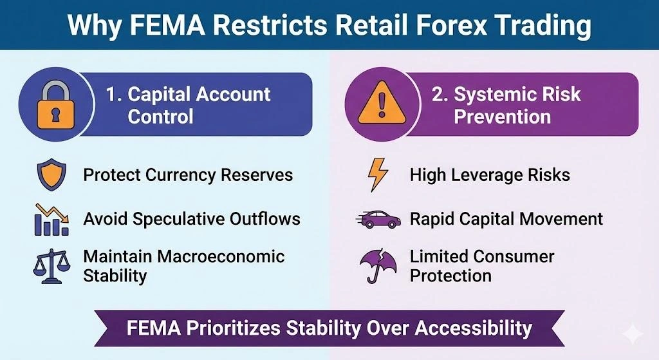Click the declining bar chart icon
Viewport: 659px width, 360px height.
pos(51,219)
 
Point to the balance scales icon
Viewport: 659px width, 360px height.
pos(50,265)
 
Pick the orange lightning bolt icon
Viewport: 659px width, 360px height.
pos(376,175)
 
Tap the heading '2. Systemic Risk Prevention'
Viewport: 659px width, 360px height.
pos(506,105)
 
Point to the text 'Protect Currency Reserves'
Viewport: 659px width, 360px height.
pos(188,175)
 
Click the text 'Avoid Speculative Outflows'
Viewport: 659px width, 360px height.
pos(192,219)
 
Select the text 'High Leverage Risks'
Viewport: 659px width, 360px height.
pos(490,175)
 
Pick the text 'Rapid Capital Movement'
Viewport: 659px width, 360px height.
pos(506,219)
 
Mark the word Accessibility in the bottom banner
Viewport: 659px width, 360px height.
pos(473,328)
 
